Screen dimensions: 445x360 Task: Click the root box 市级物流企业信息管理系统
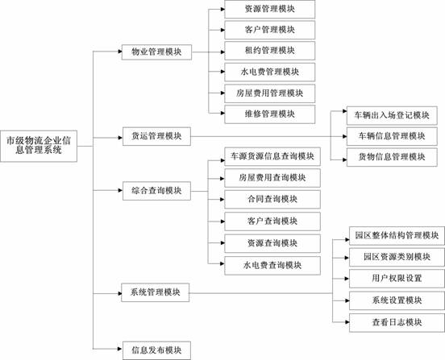tap(39, 146)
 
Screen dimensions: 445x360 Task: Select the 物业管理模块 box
tap(156, 52)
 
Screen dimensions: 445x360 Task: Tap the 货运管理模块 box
tap(156, 136)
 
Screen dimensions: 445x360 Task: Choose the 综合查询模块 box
tap(156, 191)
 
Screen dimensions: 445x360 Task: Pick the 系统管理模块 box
tap(156, 292)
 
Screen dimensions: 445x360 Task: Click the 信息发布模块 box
tap(156, 350)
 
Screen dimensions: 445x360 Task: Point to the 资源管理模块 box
tap(269, 10)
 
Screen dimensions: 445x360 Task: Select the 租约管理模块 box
tap(269, 51)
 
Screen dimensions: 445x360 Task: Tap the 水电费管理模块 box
tap(269, 72)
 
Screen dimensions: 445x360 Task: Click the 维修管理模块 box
tap(269, 114)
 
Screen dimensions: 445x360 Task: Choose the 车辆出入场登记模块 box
tap(392, 115)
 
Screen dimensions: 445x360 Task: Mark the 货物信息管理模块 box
tap(392, 157)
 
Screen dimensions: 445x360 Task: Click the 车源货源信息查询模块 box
tap(272, 156)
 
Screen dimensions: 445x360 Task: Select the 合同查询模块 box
tap(272, 199)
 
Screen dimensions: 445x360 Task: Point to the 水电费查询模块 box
tap(272, 266)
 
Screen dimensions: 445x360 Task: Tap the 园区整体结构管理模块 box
tap(397, 235)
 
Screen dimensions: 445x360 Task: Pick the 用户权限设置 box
tap(397, 279)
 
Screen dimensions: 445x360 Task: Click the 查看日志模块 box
tap(397, 323)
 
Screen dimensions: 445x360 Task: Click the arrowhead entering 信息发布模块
tap(120, 349)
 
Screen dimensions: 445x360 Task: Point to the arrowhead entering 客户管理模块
tap(222, 30)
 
